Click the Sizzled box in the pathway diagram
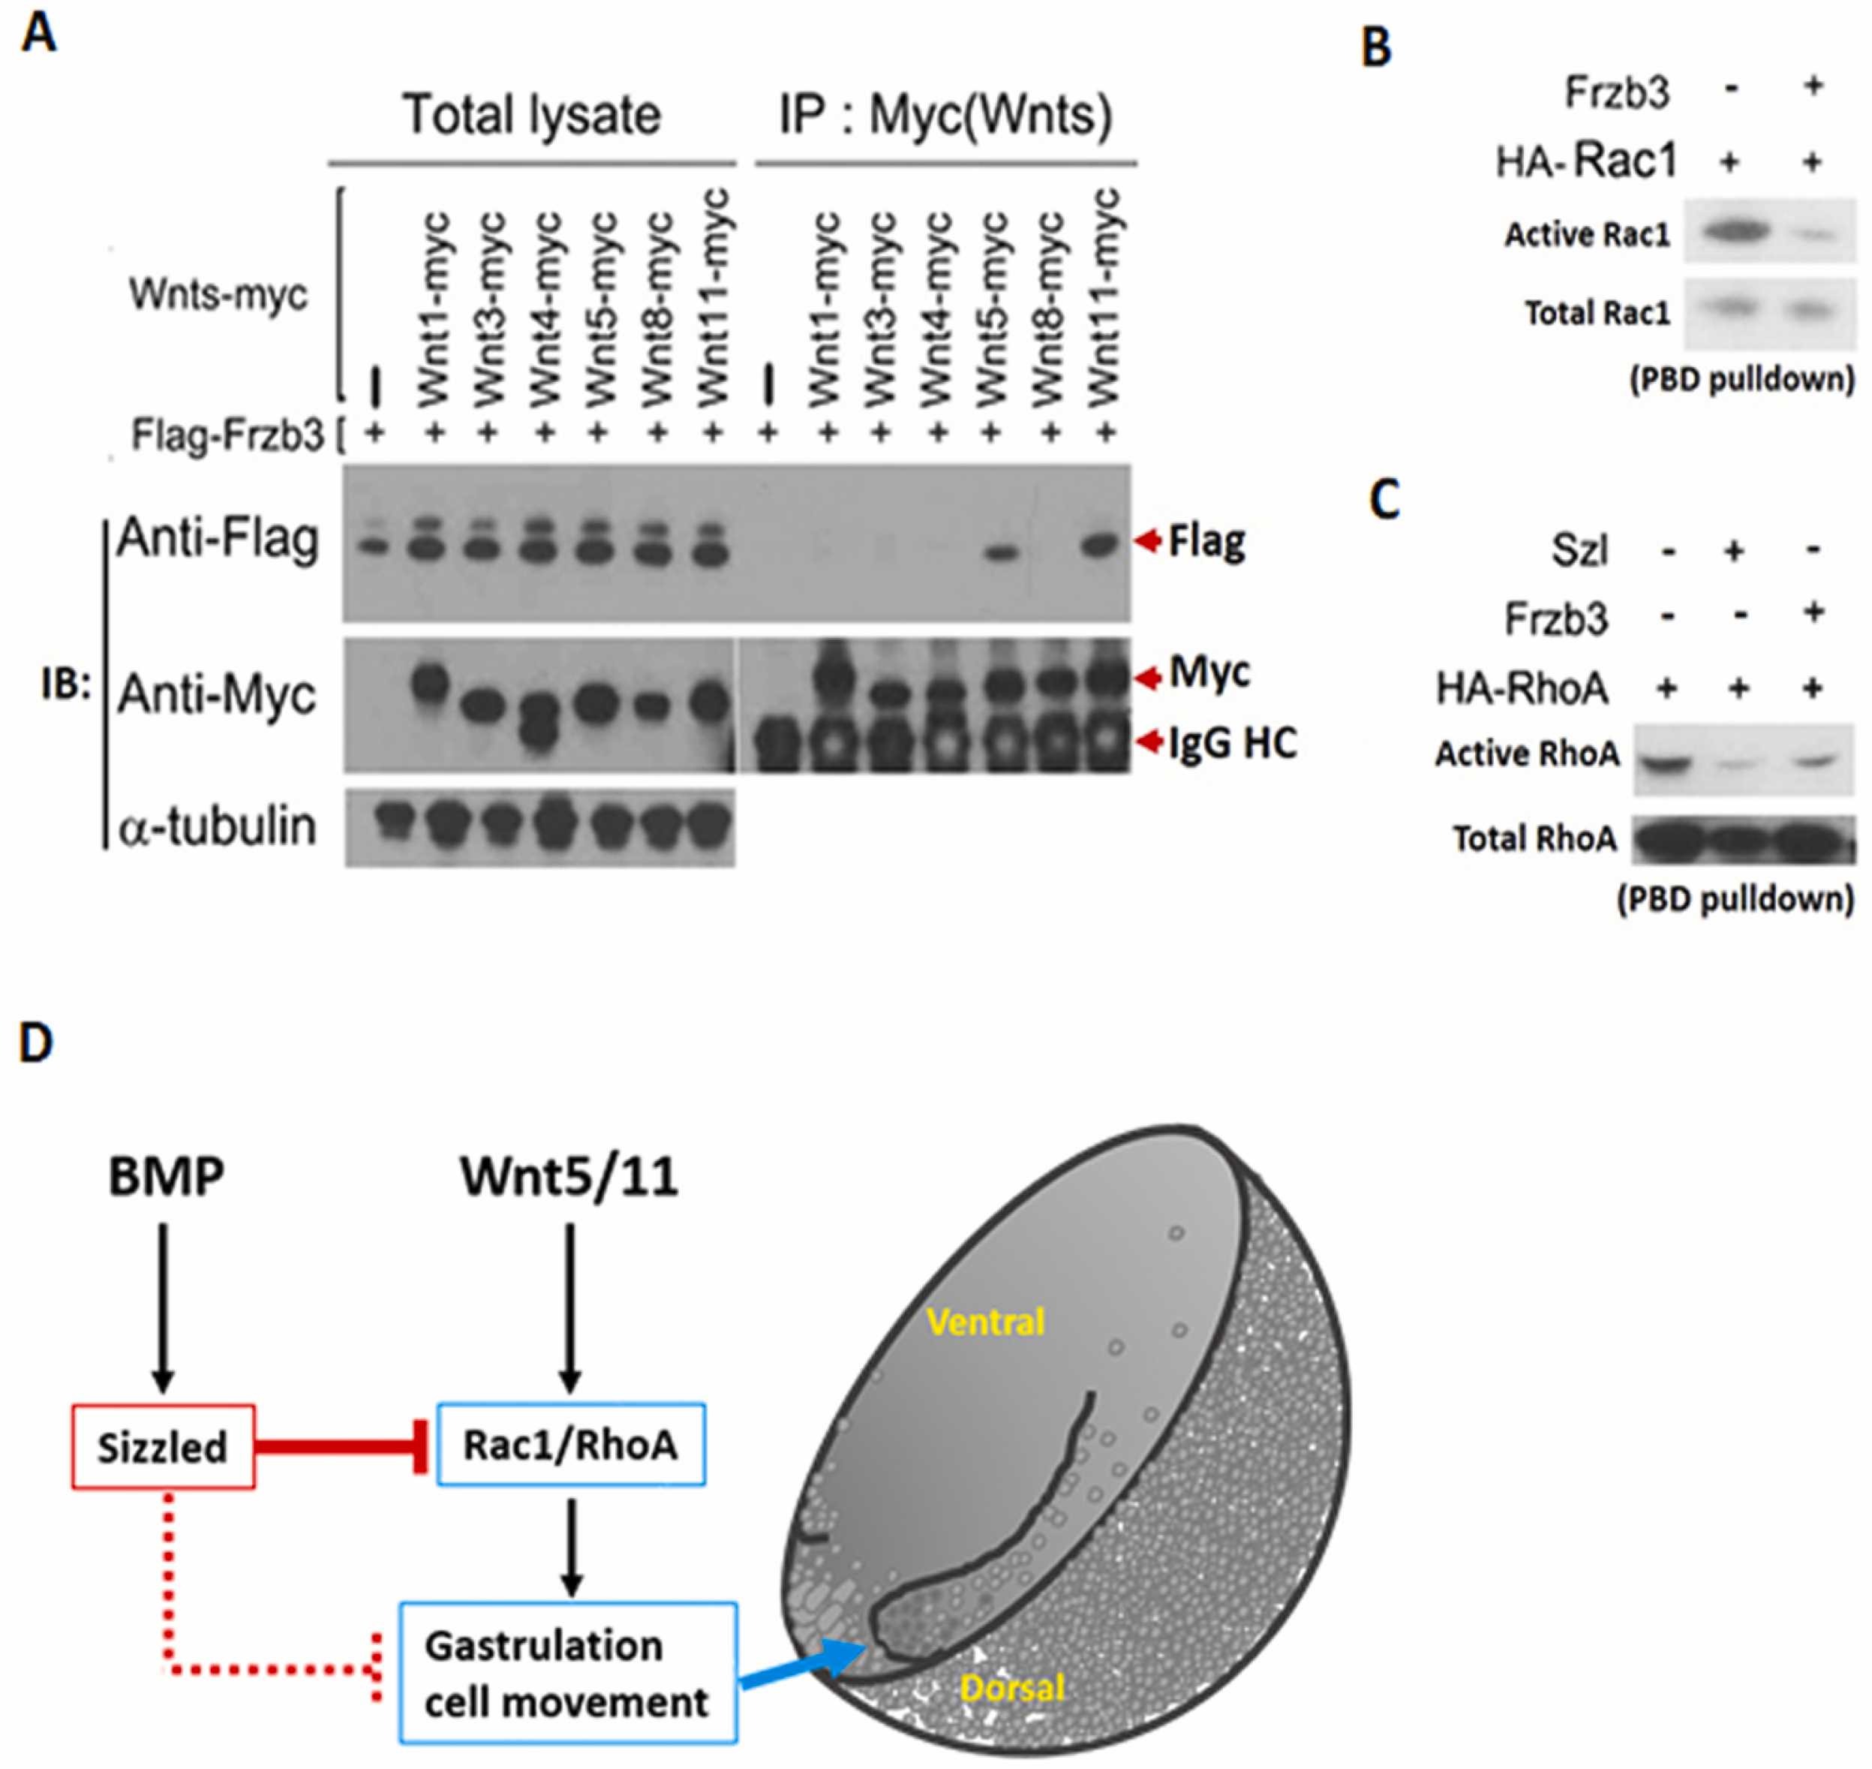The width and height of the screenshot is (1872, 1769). click(163, 1446)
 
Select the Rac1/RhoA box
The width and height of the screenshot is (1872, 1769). click(571, 1445)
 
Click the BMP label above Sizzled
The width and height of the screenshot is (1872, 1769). click(166, 1178)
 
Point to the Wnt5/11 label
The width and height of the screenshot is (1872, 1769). click(569, 1178)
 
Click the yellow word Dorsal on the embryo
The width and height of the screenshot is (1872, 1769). click(1012, 1687)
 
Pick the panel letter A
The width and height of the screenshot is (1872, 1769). click(39, 35)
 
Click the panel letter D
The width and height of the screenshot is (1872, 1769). click(36, 1044)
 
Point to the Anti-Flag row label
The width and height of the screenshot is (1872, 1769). click(218, 540)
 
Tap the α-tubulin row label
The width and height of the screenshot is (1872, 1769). click(218, 826)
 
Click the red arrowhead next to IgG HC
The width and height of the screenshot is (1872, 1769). click(1149, 743)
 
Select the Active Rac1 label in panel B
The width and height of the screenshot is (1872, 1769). click(1588, 234)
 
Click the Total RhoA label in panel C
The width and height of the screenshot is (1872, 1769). click(1534, 838)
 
